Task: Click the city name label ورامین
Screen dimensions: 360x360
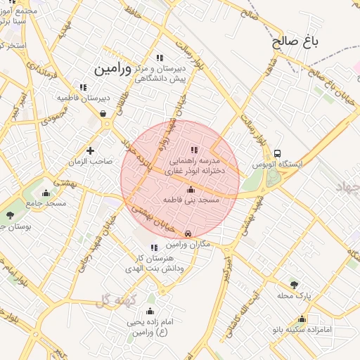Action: pos(113,69)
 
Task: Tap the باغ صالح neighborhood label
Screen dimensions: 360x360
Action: pos(296,41)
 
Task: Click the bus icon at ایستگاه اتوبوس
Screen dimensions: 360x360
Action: pos(278,153)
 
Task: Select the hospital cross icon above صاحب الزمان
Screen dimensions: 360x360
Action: pos(90,150)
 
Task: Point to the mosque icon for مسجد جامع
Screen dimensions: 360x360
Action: pos(46,193)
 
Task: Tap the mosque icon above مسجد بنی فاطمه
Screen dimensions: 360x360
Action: pos(191,189)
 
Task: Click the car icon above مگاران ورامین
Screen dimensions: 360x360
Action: pos(188,233)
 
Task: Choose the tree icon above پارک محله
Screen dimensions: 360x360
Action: pos(294,284)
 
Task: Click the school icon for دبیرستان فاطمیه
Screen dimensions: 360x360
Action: pos(83,87)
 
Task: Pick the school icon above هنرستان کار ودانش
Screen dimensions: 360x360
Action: pos(154,247)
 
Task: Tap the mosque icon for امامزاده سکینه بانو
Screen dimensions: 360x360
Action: pos(302,318)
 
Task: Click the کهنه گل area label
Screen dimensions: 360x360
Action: pos(112,301)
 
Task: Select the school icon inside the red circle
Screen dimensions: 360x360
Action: pos(194,150)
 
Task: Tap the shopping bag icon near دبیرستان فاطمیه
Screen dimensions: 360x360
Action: pos(103,112)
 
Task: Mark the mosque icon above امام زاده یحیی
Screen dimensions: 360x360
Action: pos(149,311)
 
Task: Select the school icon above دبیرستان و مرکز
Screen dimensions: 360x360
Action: pos(160,58)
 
